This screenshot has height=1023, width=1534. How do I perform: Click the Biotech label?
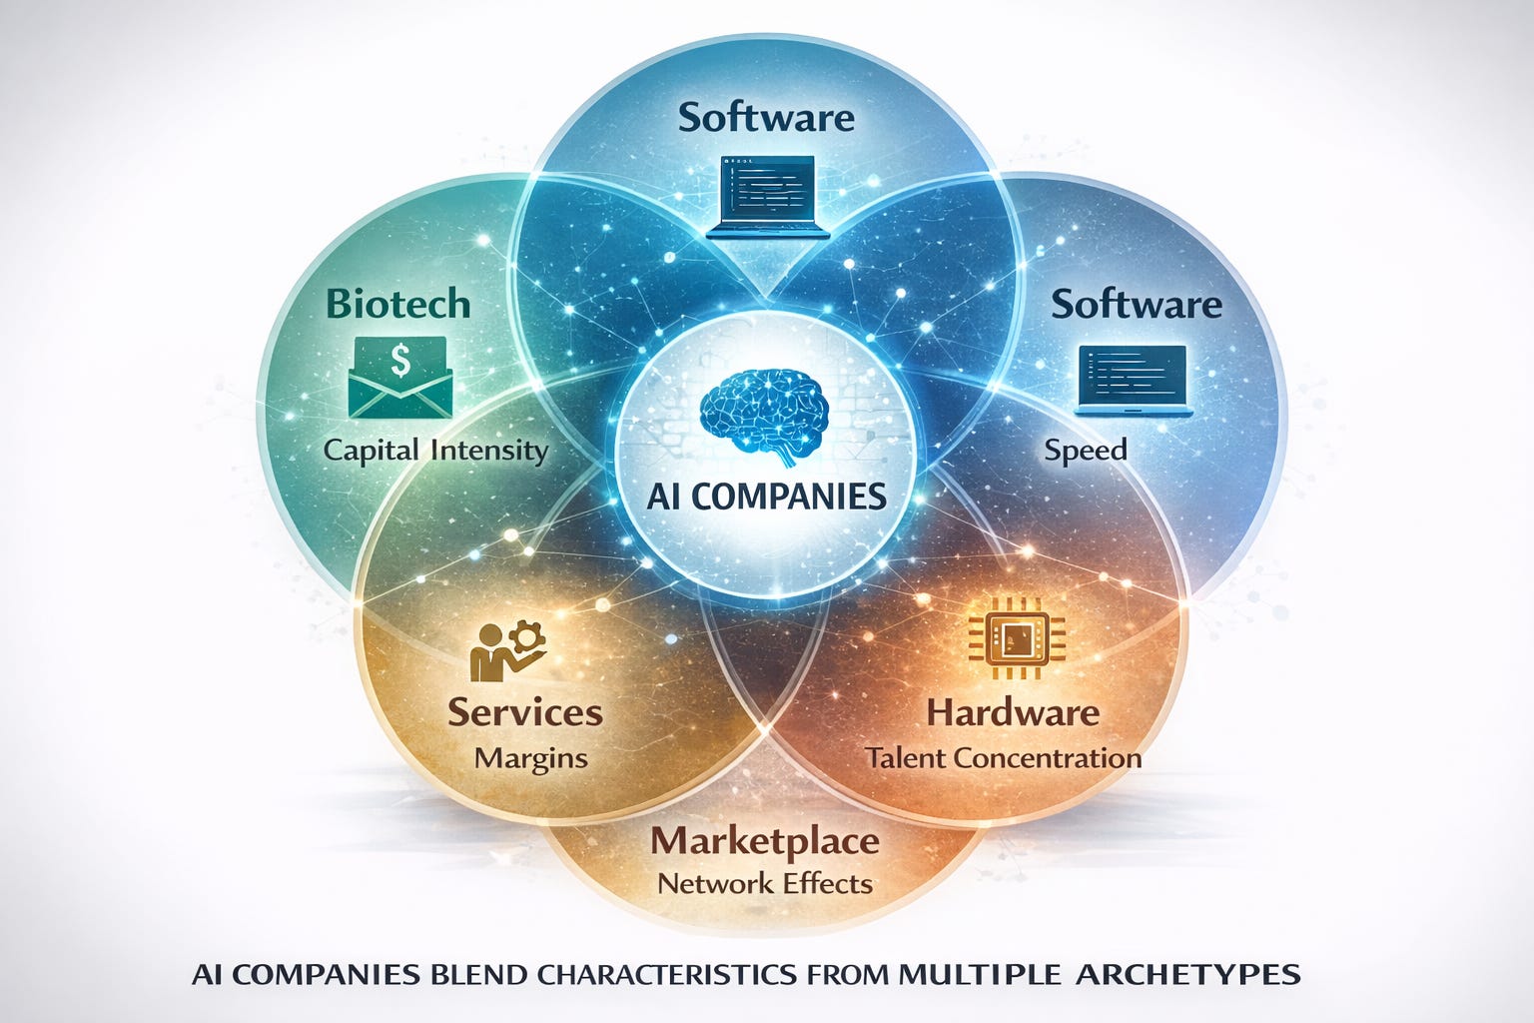coord(398,303)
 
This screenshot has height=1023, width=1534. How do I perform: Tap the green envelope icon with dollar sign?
coord(399,377)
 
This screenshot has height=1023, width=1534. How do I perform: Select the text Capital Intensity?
coord(436,450)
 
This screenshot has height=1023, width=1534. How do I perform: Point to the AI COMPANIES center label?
coord(766,496)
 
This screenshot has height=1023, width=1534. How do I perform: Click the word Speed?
coord(1086,450)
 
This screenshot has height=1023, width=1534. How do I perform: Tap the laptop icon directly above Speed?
coord(1135,381)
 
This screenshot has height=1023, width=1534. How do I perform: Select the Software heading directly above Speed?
coord(1137,304)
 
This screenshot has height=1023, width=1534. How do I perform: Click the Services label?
coord(525,712)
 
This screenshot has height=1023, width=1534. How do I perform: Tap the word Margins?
coord(531,757)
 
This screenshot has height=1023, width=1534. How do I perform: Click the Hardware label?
coord(1013,712)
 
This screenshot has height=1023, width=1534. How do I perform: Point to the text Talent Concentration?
coord(1004,757)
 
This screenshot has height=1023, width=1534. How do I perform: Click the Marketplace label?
coord(765,841)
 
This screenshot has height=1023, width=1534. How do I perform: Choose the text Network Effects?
coord(765,883)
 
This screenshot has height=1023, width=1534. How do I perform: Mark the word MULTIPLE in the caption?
coord(979,973)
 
